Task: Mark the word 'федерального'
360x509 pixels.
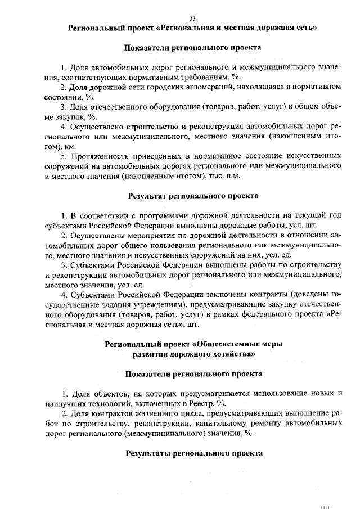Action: [268, 315]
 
